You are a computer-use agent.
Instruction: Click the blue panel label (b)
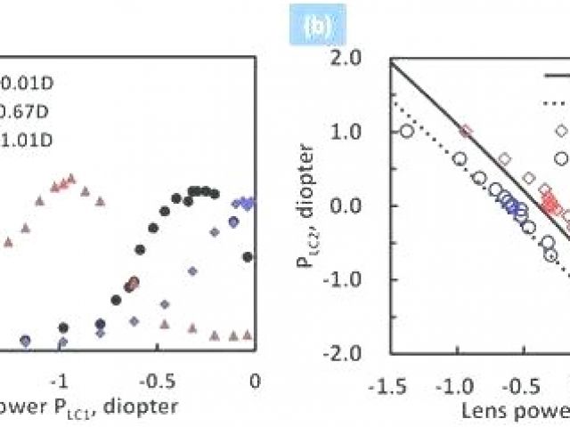pos(317,28)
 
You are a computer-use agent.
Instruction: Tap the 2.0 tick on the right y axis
pos(361,59)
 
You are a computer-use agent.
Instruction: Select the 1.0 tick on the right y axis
pos(361,132)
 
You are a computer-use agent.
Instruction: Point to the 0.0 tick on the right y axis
pos(361,205)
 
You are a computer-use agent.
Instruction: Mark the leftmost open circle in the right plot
pos(407,132)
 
